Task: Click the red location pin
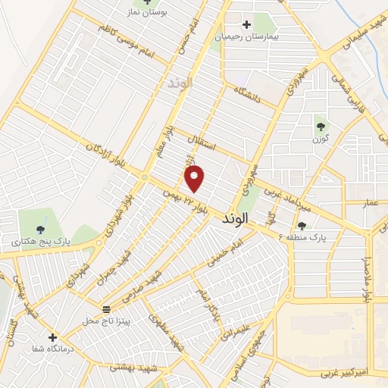(196, 178)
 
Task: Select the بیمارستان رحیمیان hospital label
(246, 36)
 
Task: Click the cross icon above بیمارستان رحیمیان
(246, 24)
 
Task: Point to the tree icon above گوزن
(320, 127)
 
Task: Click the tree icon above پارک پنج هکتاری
(40, 230)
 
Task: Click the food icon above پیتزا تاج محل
(107, 308)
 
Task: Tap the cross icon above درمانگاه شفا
(52, 337)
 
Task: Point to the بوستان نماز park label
(147, 14)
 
